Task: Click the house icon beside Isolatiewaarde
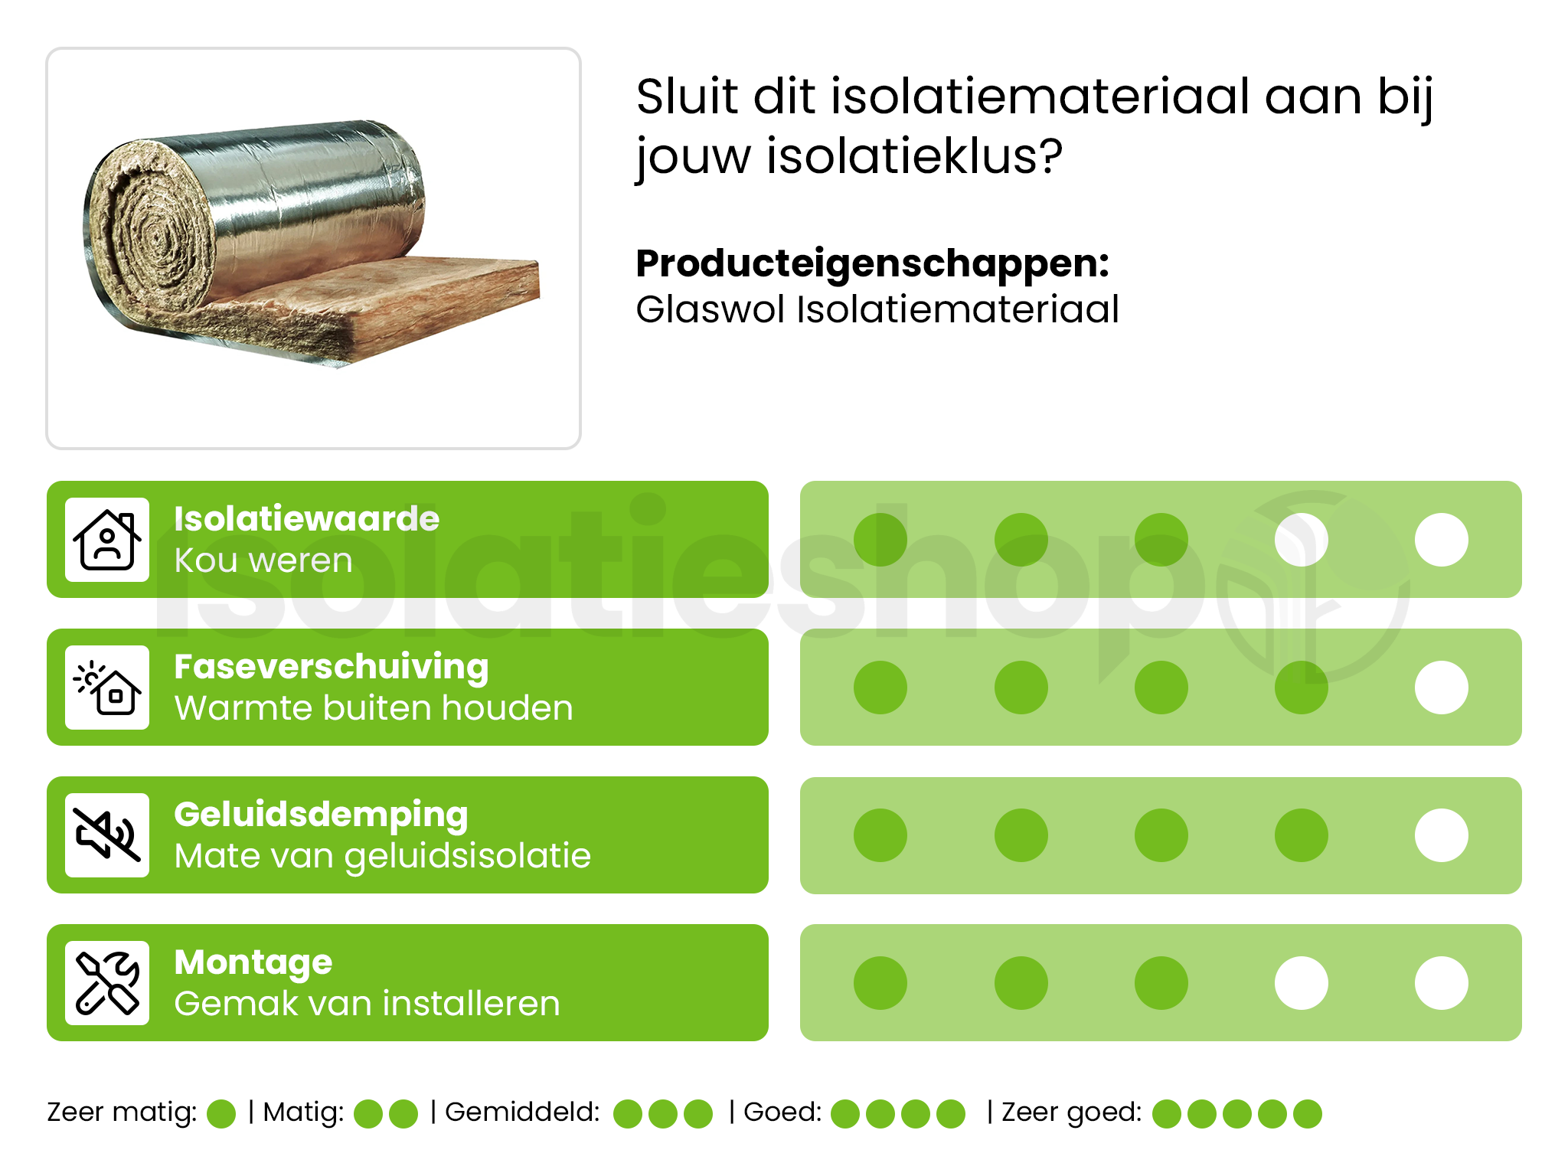pos(107,540)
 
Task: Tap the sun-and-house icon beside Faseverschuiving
pos(107,688)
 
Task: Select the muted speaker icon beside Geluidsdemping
pos(107,835)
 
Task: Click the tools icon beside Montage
pos(107,983)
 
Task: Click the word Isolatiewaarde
pos(306,519)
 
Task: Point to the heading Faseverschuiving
pos(331,667)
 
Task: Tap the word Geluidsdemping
pos(321,815)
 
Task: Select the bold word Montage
pos(253,962)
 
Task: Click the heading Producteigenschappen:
pos(872,263)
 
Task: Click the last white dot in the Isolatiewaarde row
pos(1441,540)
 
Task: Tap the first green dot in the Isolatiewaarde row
pos(880,540)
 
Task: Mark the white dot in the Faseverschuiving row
pos(1441,688)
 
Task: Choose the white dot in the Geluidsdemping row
pos(1441,835)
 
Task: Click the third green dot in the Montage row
pos(1161,983)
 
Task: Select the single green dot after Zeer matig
pos(221,1114)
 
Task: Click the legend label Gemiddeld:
pos(522,1112)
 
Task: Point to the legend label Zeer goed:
pos(1071,1112)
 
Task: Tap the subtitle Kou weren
pos(263,560)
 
